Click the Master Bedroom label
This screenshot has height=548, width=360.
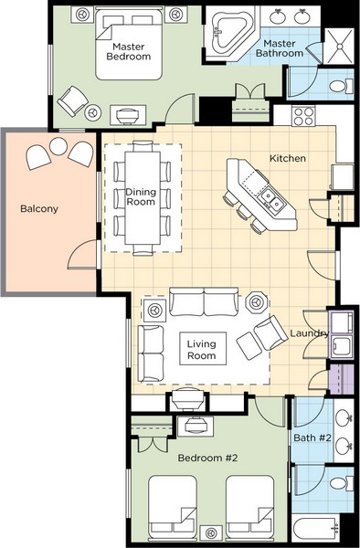(129, 51)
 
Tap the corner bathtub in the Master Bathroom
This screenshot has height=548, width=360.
(230, 33)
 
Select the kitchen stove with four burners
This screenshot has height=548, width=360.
(303, 116)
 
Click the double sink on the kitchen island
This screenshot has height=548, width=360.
(272, 198)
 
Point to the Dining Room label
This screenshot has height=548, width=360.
(141, 196)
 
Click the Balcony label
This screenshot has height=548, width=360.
(39, 208)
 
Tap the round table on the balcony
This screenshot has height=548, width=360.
(58, 146)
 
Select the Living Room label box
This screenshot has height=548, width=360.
(202, 349)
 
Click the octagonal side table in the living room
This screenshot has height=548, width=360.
(257, 301)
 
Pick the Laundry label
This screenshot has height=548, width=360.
(310, 333)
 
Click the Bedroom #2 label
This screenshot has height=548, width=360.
(208, 458)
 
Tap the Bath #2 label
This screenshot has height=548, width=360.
(312, 437)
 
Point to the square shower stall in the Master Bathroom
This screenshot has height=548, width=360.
(339, 47)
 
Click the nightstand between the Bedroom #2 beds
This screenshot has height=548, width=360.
(211, 533)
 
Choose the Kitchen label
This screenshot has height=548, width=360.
(288, 158)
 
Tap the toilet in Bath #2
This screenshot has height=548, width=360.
(342, 483)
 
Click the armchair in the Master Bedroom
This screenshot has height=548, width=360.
(73, 101)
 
